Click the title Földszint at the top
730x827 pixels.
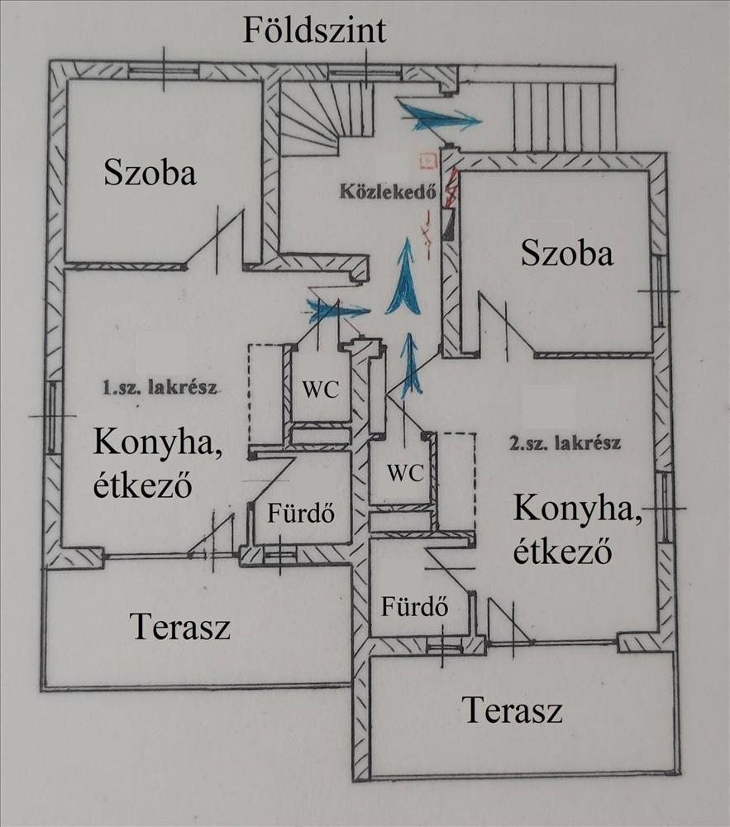[314, 30]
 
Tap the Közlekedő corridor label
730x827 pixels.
[388, 190]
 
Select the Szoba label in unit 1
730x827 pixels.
[150, 172]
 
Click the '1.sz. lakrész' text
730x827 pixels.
[160, 388]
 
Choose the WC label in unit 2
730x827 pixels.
[405, 472]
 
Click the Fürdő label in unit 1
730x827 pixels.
[301, 513]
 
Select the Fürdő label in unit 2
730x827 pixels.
[414, 606]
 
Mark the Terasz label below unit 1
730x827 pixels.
[180, 627]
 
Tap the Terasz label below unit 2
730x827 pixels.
[513, 710]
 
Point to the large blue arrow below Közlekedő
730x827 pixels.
[404, 277]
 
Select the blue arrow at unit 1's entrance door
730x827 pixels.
[337, 309]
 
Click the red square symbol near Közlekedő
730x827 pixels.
[428, 160]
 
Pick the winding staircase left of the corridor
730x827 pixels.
[327, 117]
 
